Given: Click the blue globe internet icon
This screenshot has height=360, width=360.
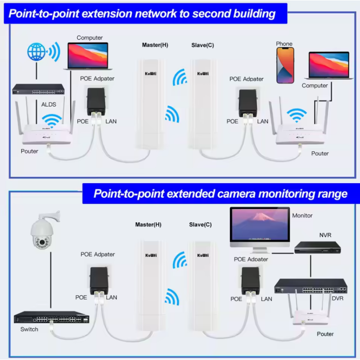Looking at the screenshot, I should coord(36,52).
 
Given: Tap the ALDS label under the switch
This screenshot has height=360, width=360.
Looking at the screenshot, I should coord(49,105).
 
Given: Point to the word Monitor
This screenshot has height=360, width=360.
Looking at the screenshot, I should coord(302,216).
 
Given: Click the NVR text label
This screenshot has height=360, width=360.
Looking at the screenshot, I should coord(325,235).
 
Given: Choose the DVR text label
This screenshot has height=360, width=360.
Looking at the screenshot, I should coord(337,299).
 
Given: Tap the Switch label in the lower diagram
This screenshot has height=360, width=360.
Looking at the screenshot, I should coord(29,329).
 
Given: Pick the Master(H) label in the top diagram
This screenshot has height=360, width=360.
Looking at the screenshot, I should coord(155,45).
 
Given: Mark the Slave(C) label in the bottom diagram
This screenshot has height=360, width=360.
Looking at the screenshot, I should coord(200,225).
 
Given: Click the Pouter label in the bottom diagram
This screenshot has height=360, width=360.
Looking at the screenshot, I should coord(325,334).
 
